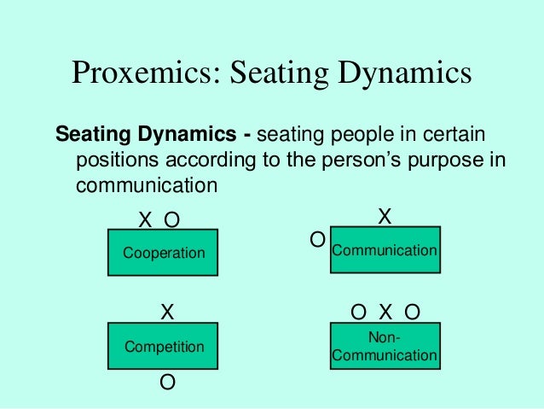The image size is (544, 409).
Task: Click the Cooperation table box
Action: click(164, 253)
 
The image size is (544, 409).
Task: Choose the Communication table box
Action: click(385, 249)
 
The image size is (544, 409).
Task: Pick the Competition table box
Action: click(164, 347)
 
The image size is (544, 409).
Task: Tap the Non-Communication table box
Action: click(385, 347)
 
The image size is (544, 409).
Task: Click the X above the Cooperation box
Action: click(146, 220)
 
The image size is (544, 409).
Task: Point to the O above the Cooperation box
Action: click(172, 220)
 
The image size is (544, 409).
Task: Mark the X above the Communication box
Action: click(385, 217)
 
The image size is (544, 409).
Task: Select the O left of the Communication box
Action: click(317, 241)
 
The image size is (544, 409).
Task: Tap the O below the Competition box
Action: click(168, 383)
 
